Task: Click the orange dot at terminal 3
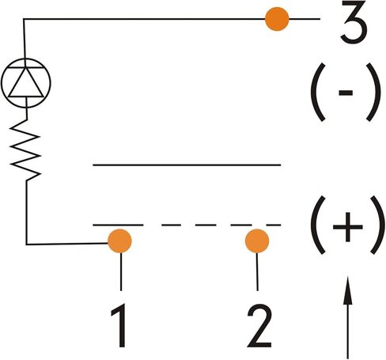[x=277, y=19]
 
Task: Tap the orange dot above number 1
[x=119, y=241]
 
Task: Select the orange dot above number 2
[x=257, y=241]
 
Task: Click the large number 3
[x=354, y=21]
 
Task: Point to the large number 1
[x=119, y=325]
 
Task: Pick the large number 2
[x=259, y=325]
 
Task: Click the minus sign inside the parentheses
[x=346, y=93]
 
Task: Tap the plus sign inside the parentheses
[x=348, y=227]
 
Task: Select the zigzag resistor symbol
[x=25, y=150]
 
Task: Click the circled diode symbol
[x=26, y=83]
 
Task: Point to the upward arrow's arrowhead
[x=347, y=290]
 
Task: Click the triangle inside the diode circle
[x=26, y=82]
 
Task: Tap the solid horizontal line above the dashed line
[x=187, y=165]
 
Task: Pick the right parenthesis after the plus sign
[x=377, y=225]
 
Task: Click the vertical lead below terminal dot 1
[x=121, y=271]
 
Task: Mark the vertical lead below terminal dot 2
[x=257, y=271]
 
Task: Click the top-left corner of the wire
[x=24, y=19]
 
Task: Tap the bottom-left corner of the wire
[x=26, y=244]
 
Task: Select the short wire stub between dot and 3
[x=305, y=19]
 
